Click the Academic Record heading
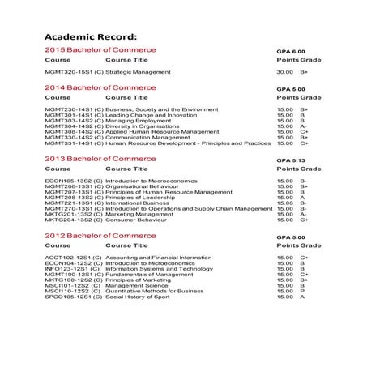[91, 37]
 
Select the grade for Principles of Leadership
[302, 198]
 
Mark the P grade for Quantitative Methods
[302, 291]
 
